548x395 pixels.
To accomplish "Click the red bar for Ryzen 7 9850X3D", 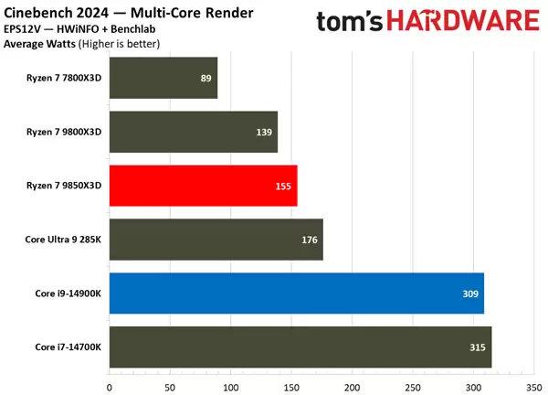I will click(x=203, y=186).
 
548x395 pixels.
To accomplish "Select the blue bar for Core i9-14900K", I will click(x=296, y=294).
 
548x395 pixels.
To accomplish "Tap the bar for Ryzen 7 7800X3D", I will click(x=163, y=78).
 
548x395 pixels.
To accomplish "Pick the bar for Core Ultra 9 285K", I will click(x=216, y=240).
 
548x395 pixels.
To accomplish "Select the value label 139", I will click(x=265, y=132).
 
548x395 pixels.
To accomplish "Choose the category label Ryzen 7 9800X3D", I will click(x=64, y=132).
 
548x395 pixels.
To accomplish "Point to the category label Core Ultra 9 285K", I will click(x=63, y=240).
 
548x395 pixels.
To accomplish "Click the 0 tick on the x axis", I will click(x=110, y=386).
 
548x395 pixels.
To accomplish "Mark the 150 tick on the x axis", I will click(x=291, y=386).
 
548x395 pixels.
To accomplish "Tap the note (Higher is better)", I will click(x=119, y=43).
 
